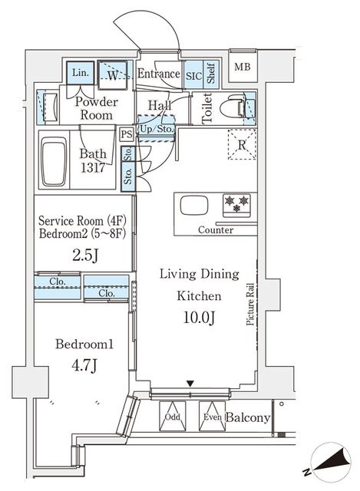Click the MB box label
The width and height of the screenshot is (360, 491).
tap(242, 67)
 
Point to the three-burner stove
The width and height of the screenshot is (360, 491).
tap(236, 204)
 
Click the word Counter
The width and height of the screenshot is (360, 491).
tap(216, 230)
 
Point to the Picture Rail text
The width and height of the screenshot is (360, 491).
tap(250, 304)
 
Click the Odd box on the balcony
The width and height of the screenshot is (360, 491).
tap(173, 417)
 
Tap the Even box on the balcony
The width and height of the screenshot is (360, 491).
tap(212, 417)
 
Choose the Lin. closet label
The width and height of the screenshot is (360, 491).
tap(80, 74)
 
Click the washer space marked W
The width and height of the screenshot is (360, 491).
tap(112, 75)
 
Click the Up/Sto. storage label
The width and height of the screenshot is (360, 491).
tap(156, 128)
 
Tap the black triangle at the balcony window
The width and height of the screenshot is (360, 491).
tap(191, 383)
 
